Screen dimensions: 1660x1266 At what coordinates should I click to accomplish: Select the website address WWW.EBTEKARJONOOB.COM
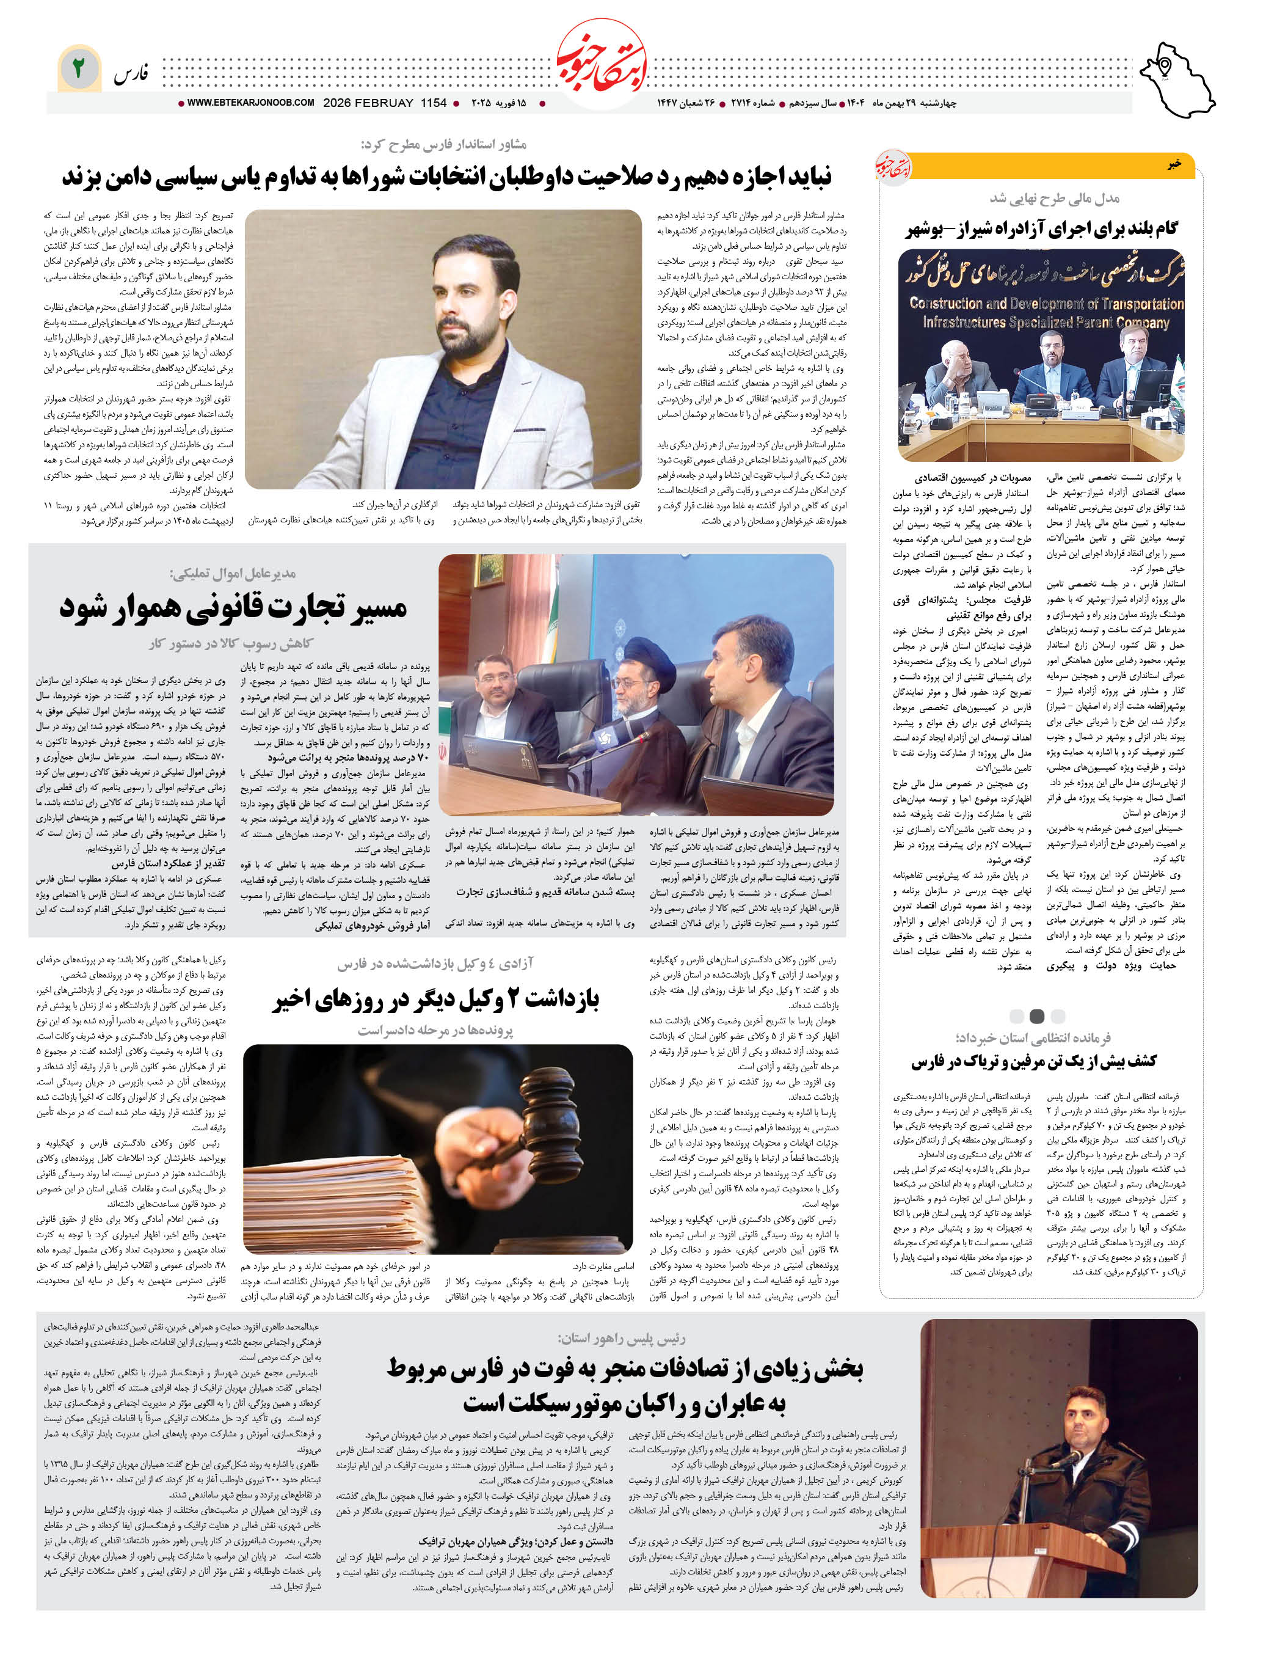tap(250, 103)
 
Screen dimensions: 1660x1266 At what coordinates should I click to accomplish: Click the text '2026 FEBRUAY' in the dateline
tap(368, 103)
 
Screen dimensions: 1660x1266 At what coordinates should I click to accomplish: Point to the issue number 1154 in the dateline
tap(434, 103)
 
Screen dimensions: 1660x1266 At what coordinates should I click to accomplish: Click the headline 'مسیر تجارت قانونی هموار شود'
tap(234, 607)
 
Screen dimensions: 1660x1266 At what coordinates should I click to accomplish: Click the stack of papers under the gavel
tap(339, 1191)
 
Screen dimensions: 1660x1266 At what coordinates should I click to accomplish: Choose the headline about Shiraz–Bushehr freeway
tap(1041, 228)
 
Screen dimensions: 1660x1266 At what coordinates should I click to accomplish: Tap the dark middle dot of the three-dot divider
tap(1037, 1015)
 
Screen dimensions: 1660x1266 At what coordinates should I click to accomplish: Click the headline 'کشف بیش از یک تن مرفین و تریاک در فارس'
tap(1033, 1061)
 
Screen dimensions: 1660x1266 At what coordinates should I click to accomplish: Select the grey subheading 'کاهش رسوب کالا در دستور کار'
tap(231, 643)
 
